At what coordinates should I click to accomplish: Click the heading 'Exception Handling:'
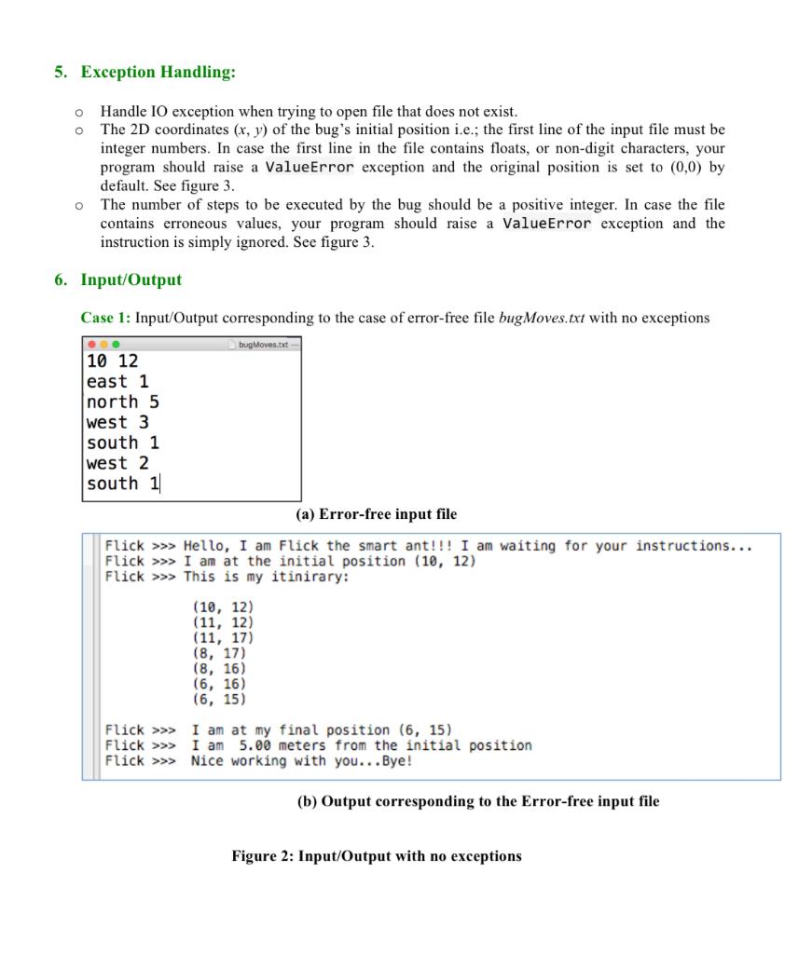[x=158, y=72]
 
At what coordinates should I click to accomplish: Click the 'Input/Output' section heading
[x=131, y=279]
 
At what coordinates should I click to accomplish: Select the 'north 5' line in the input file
[x=122, y=402]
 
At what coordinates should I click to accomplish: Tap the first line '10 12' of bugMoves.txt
[x=112, y=361]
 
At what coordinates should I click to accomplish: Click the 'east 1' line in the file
[x=117, y=381]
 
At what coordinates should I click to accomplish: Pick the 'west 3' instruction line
[x=117, y=422]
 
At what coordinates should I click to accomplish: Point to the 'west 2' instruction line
[x=117, y=463]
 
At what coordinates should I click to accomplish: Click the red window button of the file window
[x=90, y=344]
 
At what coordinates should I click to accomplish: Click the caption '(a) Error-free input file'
[x=376, y=514]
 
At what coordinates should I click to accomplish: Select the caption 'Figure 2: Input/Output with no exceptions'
[x=377, y=855]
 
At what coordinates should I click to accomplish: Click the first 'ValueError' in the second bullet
[x=310, y=168]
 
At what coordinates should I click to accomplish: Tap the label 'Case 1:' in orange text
[x=105, y=318]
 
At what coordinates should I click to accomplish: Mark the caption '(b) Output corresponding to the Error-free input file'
[x=477, y=801]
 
